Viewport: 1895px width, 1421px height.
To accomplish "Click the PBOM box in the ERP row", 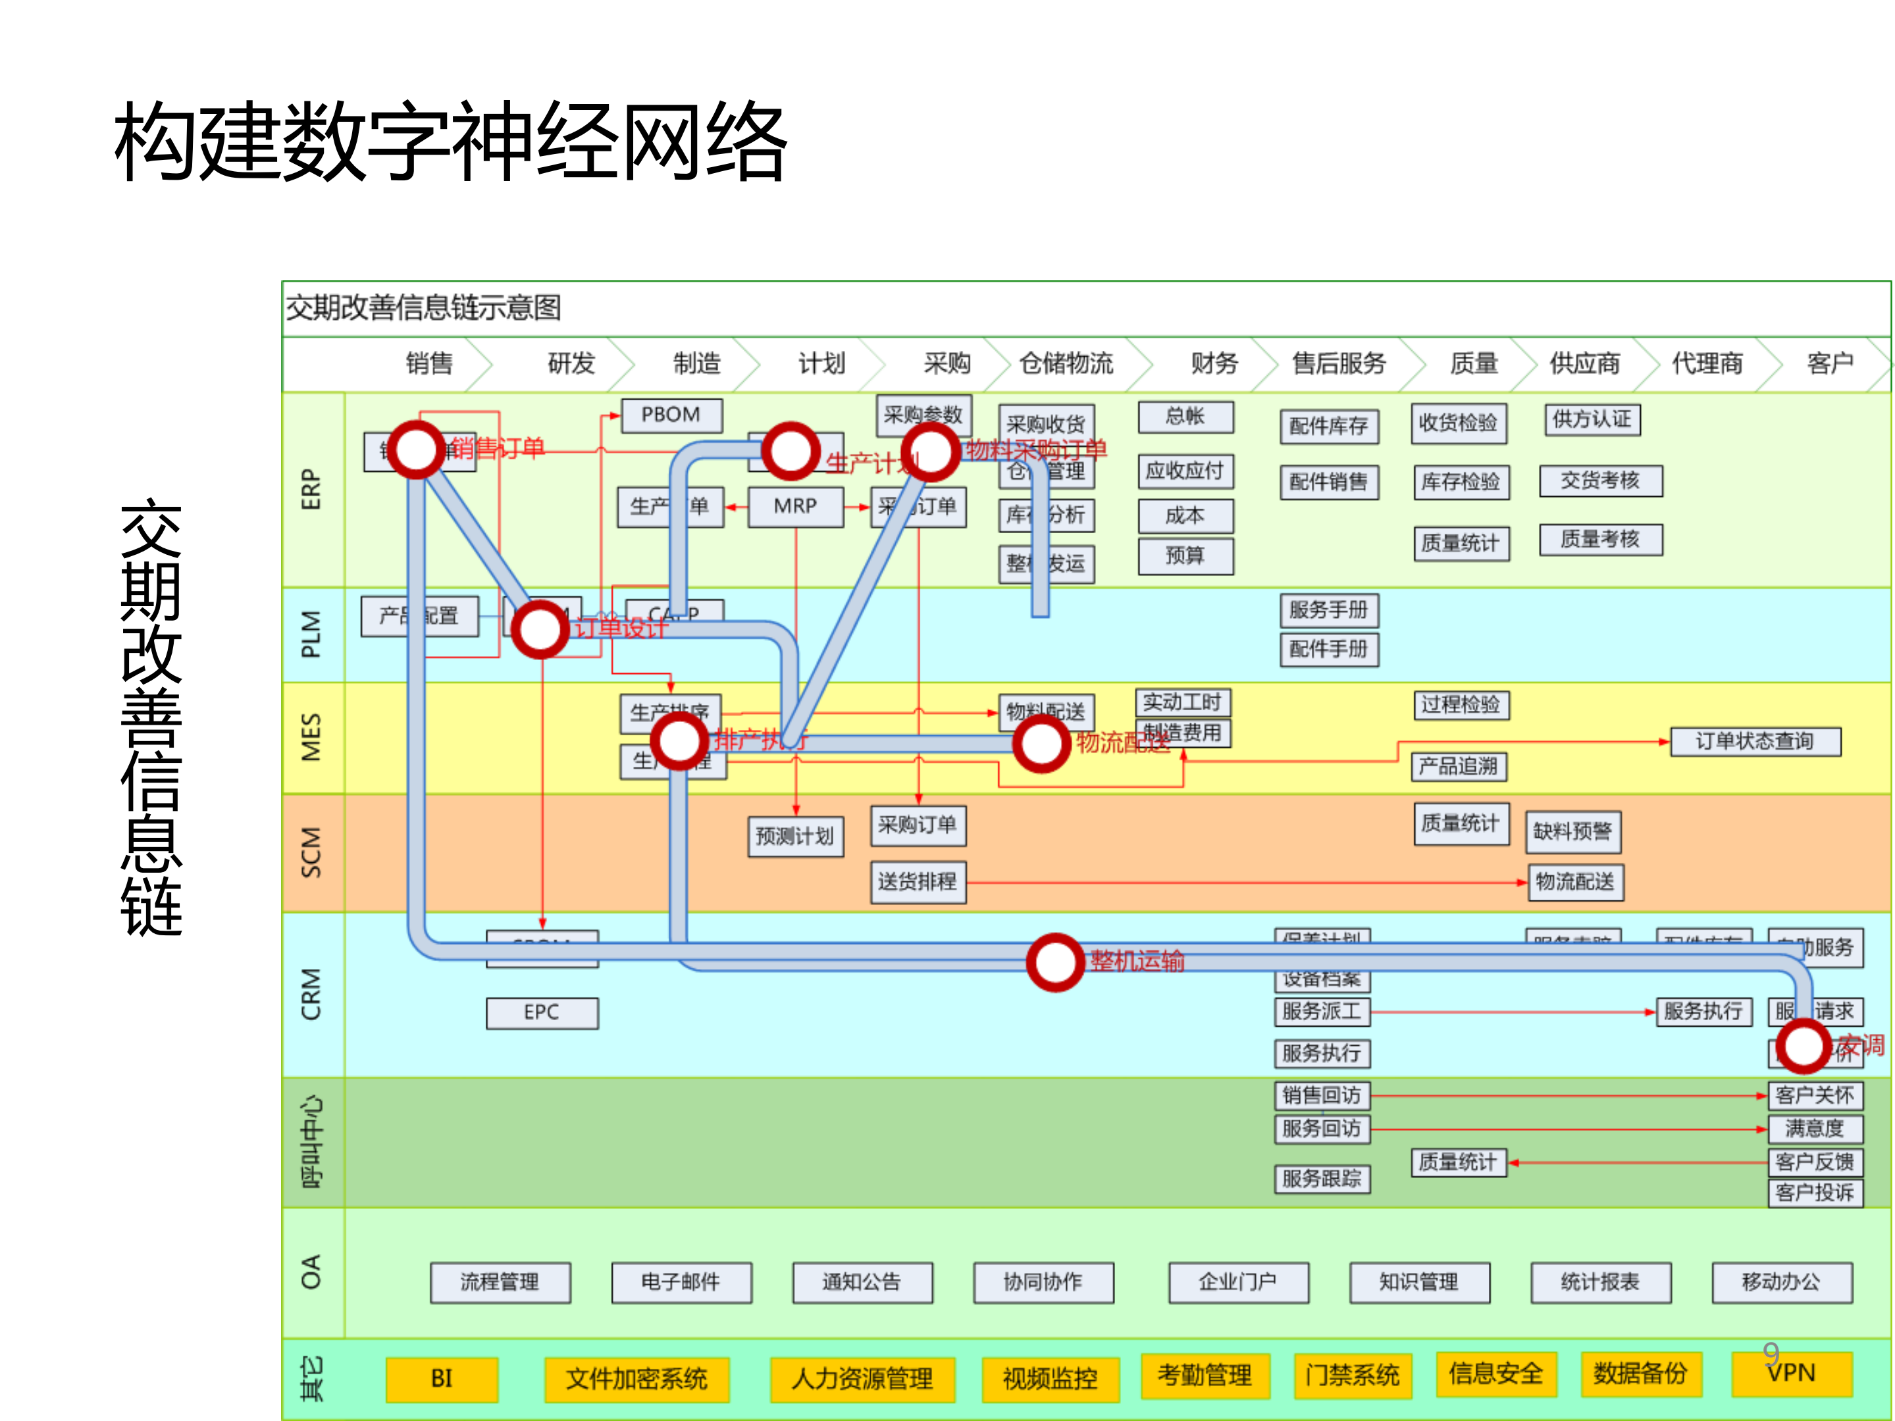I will (x=671, y=415).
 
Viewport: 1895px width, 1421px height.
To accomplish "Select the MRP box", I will (x=795, y=506).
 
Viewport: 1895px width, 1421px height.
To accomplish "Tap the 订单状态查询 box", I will (x=1755, y=742).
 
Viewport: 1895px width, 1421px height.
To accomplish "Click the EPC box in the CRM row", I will (x=542, y=1012).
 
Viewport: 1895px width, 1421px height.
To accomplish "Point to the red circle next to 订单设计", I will (x=540, y=630).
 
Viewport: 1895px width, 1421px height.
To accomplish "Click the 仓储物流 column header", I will (x=1066, y=364).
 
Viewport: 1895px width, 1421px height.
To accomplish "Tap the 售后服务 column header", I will (x=1338, y=364).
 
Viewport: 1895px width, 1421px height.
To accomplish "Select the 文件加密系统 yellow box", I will (x=636, y=1378).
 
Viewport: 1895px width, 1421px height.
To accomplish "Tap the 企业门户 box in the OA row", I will (x=1238, y=1282).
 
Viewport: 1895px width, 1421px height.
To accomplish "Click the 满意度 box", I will (x=1815, y=1129).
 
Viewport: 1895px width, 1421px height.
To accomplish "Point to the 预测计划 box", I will (x=795, y=837).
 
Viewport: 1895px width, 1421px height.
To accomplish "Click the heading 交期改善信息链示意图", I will (x=423, y=308).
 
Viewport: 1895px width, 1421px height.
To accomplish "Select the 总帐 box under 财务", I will (x=1185, y=417).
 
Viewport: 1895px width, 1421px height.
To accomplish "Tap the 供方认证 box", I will (x=1592, y=420).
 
